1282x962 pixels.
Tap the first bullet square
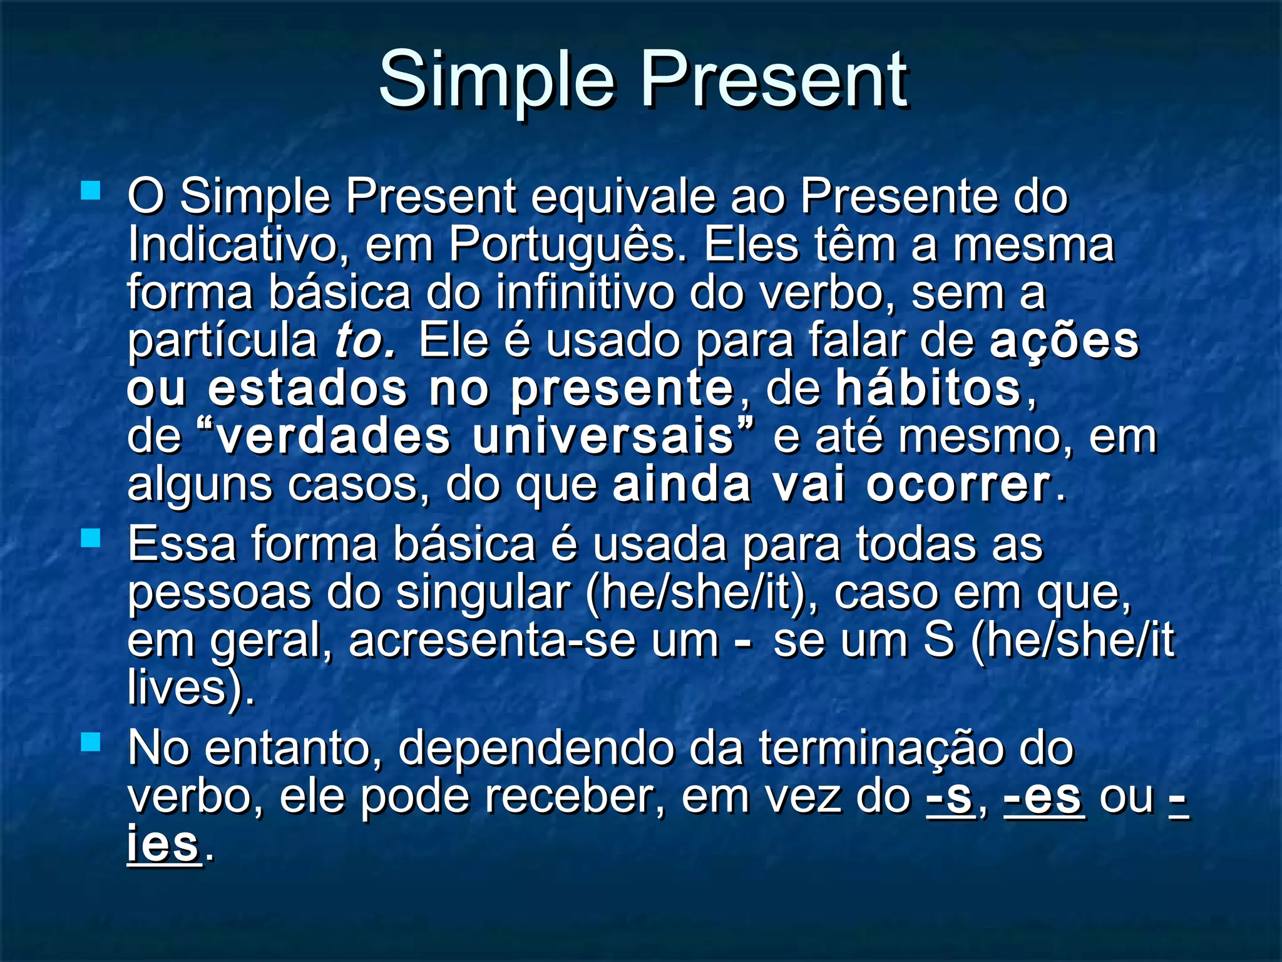[91, 190]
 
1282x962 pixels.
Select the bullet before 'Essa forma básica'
[91, 538]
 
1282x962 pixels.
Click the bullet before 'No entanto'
[91, 742]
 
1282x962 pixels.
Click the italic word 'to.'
[364, 341]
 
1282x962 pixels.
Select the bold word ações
[1064, 341]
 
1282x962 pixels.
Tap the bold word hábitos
[929, 389]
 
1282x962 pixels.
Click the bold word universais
[603, 437]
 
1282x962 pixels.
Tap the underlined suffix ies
[163, 845]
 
